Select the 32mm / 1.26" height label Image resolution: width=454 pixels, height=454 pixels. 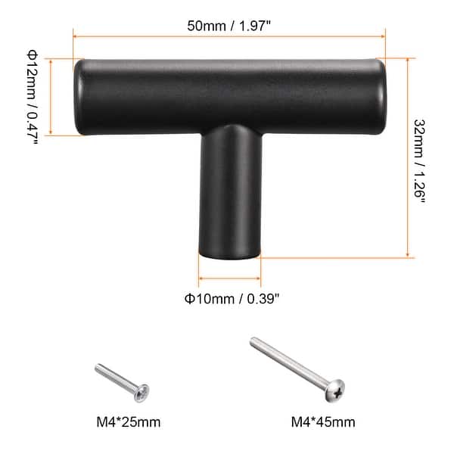point(421,159)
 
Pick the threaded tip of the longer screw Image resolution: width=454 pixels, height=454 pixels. point(255,342)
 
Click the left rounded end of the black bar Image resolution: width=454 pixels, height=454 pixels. point(79,98)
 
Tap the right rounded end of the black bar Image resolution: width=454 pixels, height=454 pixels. point(381,98)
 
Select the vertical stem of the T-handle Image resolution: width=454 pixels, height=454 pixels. point(229,197)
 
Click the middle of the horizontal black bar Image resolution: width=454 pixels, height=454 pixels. point(229,97)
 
